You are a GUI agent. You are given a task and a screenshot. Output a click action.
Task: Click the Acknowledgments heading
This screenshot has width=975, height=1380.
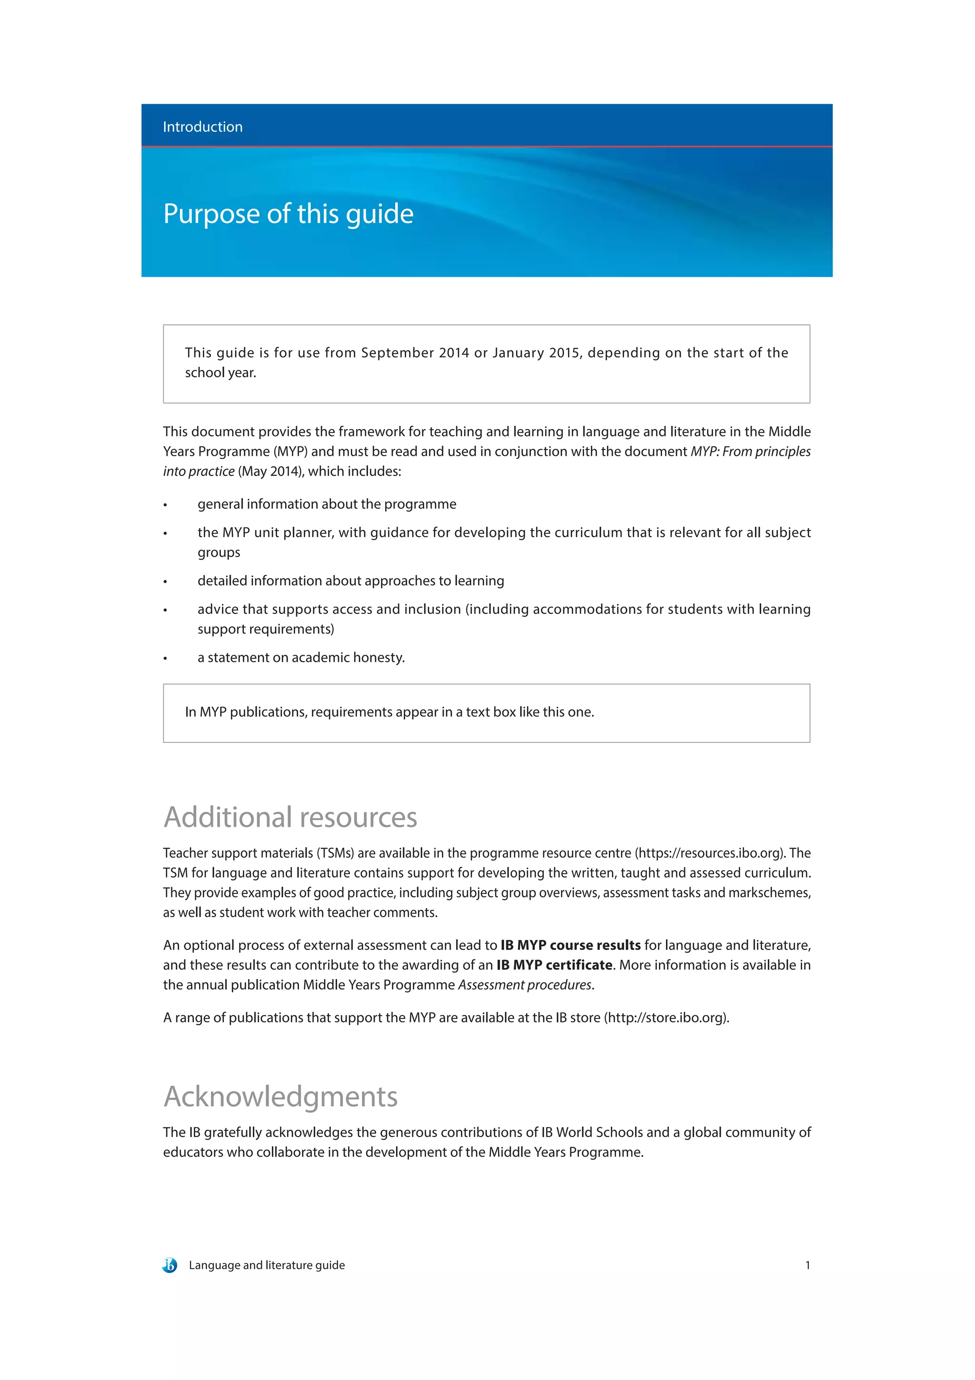[280, 1096]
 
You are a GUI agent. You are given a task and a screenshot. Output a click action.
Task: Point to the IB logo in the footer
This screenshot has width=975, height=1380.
[170, 1265]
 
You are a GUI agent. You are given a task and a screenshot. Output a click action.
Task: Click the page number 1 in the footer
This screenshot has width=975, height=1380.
[807, 1265]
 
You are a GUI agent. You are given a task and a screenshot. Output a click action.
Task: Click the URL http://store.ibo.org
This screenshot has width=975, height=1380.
[666, 1018]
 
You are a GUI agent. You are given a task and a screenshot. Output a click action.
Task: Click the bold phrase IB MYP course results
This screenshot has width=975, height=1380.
[570, 945]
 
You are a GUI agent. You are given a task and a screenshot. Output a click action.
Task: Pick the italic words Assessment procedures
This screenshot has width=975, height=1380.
[525, 985]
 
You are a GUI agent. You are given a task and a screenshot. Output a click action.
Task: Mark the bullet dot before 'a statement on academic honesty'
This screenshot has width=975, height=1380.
[165, 659]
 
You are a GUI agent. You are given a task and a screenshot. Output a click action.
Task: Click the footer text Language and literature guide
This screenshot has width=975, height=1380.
[267, 1265]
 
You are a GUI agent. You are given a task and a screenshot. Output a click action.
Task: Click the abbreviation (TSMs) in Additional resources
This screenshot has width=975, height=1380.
[335, 853]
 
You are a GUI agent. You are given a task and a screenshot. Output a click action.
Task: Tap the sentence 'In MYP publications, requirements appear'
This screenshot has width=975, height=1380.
[389, 712]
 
